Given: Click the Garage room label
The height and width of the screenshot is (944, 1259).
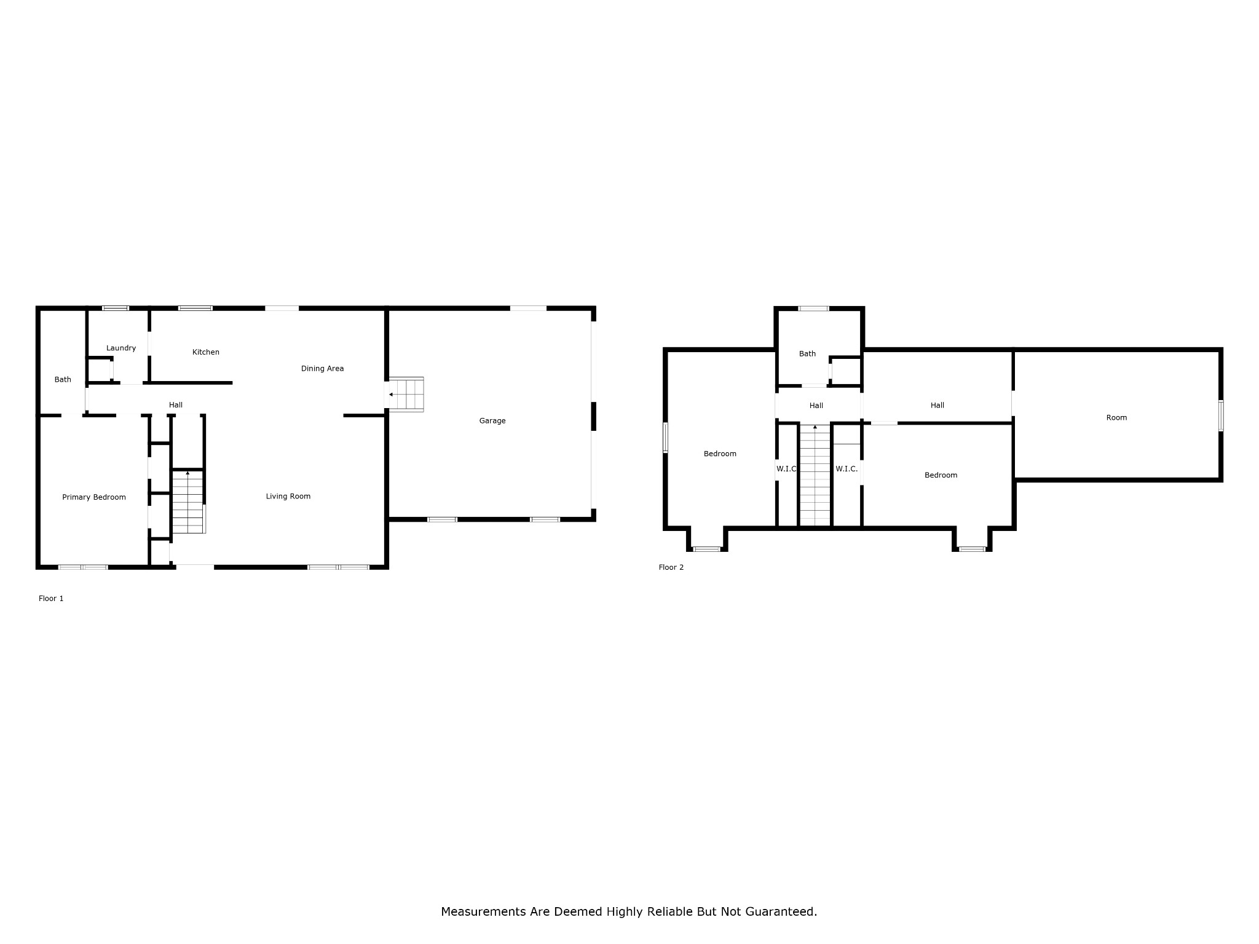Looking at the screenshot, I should tap(492, 421).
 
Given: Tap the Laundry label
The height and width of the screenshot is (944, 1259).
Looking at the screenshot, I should tap(121, 348).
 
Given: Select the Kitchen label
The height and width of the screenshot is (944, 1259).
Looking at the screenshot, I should tap(206, 352).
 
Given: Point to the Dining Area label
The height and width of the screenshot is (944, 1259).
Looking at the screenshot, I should tap(322, 369).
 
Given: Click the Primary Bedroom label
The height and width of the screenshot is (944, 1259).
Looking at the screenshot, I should tap(94, 497).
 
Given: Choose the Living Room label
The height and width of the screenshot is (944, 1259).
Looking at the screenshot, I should tap(288, 497).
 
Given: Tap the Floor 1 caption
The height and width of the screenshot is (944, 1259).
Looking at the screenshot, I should tap(51, 599).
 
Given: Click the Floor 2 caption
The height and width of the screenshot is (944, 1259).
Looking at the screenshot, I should tap(671, 567).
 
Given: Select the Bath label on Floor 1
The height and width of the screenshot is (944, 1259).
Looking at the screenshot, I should tap(63, 380).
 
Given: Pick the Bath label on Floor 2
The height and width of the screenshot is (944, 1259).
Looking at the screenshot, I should tap(807, 354).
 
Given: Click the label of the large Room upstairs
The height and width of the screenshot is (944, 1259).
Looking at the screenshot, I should tap(1116, 418).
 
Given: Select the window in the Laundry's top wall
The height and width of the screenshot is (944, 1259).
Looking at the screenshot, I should tap(116, 308).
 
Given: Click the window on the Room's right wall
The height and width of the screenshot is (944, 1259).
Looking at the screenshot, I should tap(1220, 415).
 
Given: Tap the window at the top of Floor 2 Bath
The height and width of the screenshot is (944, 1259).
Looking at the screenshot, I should tap(813, 309).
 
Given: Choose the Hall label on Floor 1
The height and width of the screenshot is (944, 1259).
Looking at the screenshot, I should tap(176, 405).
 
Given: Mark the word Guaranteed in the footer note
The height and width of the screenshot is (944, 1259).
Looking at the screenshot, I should tap(781, 911).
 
